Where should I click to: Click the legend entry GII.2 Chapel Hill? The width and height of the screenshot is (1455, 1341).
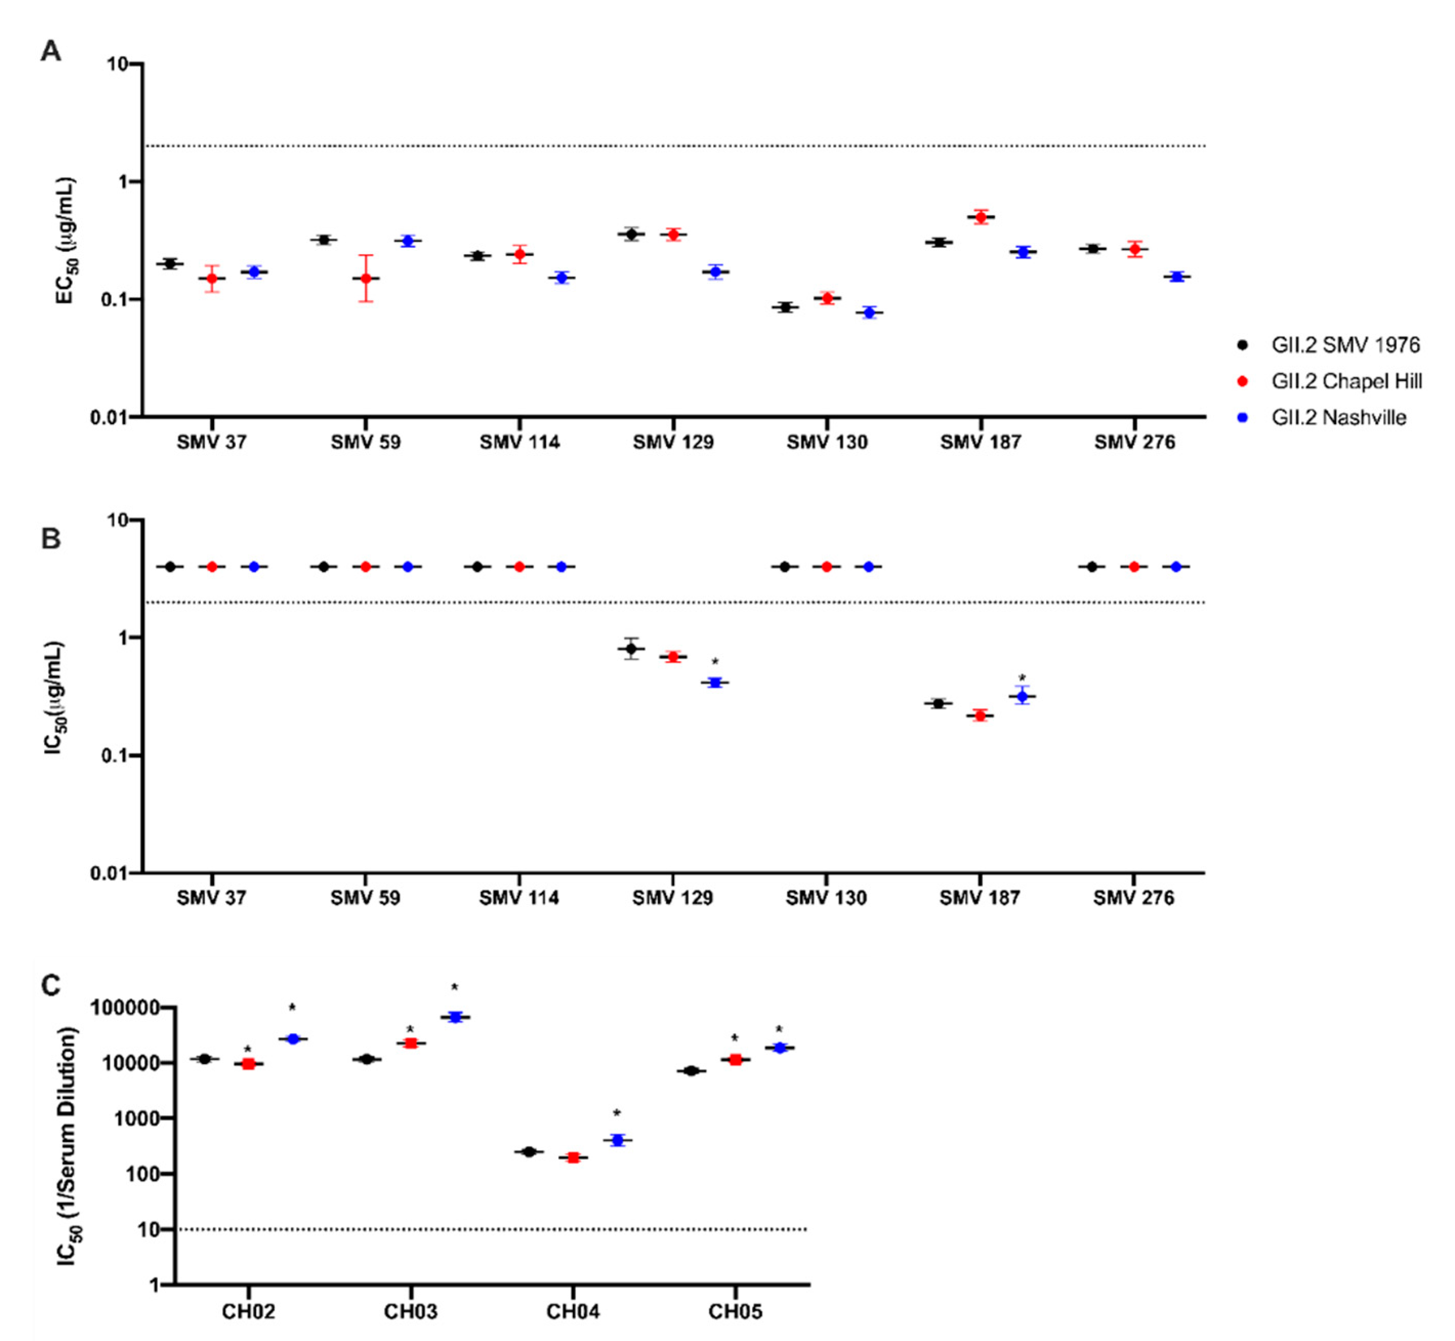[1345, 381]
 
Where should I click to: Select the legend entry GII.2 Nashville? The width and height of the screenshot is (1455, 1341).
[1338, 417]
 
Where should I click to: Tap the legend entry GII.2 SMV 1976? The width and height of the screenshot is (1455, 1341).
[1345, 345]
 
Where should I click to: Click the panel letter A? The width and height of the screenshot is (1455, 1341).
[51, 52]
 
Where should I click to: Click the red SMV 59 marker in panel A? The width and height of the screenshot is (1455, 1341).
[366, 278]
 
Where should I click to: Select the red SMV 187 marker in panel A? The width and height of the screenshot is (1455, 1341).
[980, 217]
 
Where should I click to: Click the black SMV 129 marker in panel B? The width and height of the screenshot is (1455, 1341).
[631, 648]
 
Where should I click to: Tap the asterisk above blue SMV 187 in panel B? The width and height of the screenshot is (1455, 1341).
[1022, 678]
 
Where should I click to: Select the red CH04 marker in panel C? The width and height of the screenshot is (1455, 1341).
[573, 1158]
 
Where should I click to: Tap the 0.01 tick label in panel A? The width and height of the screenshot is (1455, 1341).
[109, 417]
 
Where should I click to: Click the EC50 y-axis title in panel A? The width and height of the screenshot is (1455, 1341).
[66, 240]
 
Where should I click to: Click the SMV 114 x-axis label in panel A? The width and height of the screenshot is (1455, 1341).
[520, 442]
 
